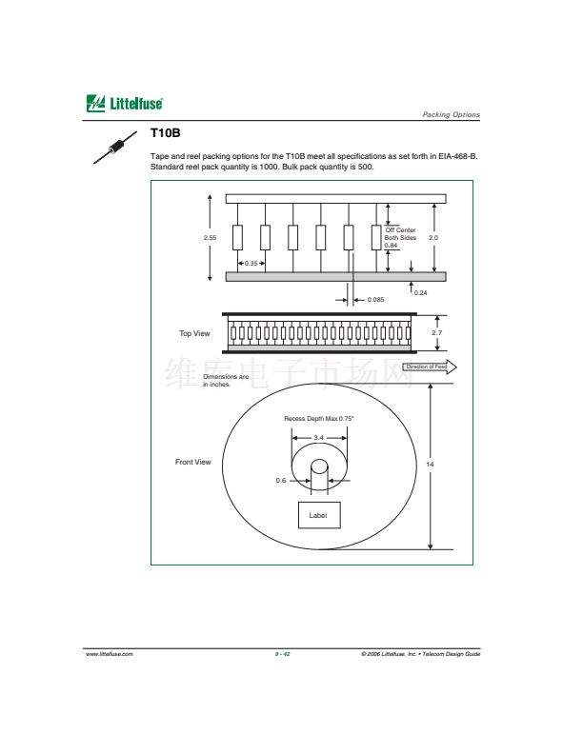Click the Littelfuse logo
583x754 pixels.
coord(125,104)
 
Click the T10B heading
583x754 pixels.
coord(165,133)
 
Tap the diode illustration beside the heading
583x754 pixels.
coord(115,147)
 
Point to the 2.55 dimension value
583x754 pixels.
coord(210,238)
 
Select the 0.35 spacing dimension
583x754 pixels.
coord(251,264)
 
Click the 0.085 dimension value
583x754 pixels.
coord(375,300)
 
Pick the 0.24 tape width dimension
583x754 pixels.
coord(420,293)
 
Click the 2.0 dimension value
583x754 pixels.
coord(433,238)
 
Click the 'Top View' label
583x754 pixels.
coord(194,333)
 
